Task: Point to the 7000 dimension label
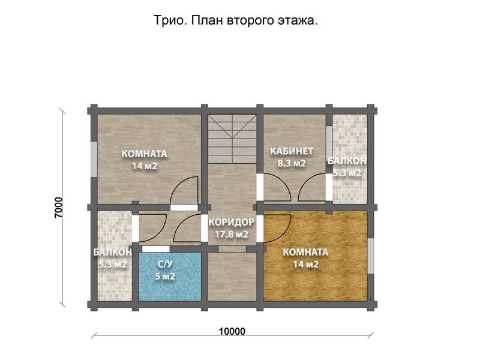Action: click(x=58, y=206)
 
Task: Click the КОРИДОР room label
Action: click(x=232, y=222)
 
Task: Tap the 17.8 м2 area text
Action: click(x=232, y=234)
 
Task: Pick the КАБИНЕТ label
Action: click(x=291, y=151)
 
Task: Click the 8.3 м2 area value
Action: click(x=291, y=163)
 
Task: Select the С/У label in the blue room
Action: click(x=165, y=265)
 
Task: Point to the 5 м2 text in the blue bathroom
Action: click(x=165, y=277)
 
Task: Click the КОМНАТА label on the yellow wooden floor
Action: click(x=305, y=252)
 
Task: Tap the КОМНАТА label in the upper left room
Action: click(x=144, y=154)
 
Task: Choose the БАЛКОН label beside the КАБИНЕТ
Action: click(x=347, y=161)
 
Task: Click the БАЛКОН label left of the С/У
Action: click(x=112, y=252)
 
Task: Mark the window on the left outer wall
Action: click(x=93, y=159)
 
